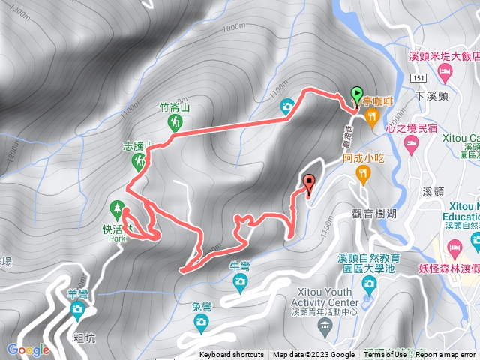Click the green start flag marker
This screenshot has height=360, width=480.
coord(357,94)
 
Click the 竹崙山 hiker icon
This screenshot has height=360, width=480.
coord(175,121)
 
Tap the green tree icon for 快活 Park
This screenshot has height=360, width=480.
coord(116,207)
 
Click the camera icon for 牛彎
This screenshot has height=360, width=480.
coord(240,281)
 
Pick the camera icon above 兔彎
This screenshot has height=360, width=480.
coord(200,322)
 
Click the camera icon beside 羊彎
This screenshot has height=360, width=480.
coord(77,309)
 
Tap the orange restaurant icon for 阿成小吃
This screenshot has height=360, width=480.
coord(364,174)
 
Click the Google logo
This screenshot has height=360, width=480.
coord(28,349)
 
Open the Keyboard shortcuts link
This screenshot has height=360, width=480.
coord(232,355)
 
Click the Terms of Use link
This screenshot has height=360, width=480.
coord(385,355)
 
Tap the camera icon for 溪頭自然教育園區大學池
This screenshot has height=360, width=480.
coord(368,283)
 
